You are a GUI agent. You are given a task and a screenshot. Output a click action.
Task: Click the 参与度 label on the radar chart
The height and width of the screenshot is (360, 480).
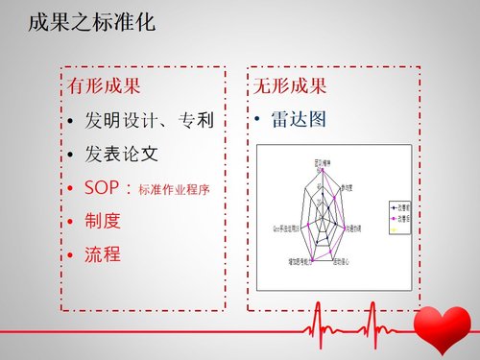pyautogui.click(x=345, y=187)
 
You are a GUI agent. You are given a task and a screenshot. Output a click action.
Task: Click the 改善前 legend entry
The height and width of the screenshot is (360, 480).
pyautogui.click(x=398, y=205)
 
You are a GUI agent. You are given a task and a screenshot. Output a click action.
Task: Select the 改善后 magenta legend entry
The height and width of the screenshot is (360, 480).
pyautogui.click(x=398, y=219)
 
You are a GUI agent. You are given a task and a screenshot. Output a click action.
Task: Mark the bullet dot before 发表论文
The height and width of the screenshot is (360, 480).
pyautogui.click(x=72, y=155)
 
